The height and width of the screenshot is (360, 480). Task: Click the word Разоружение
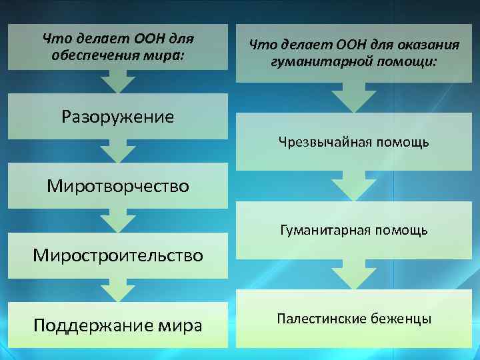pos(117,117)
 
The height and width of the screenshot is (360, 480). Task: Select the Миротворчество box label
pos(117,186)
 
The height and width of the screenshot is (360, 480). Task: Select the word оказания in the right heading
pos(427,45)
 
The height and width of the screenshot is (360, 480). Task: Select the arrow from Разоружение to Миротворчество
pos(118,151)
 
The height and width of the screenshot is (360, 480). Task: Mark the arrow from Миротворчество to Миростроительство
pos(118,220)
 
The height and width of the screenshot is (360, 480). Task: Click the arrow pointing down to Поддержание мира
pos(118,289)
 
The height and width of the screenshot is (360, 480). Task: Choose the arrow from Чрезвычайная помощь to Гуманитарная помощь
pos(354,185)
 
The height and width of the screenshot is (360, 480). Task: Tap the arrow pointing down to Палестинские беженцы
pos(354,273)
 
